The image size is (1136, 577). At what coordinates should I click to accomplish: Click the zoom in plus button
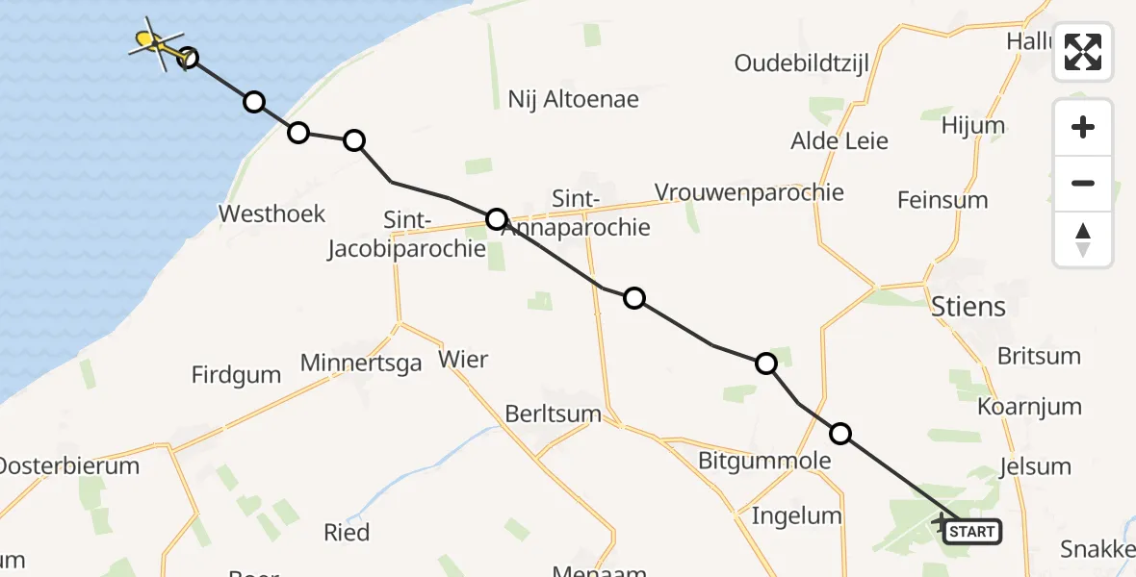(x=1083, y=128)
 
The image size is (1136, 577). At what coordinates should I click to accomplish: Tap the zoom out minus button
(x=1083, y=183)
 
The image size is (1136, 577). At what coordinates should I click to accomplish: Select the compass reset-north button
(x=1083, y=239)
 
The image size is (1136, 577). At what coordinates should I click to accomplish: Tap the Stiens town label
(x=968, y=307)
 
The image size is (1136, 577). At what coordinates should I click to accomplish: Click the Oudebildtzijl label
(x=802, y=63)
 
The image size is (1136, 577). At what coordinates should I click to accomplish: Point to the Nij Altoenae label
(x=573, y=99)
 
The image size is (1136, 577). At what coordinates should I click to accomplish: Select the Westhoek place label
(x=272, y=213)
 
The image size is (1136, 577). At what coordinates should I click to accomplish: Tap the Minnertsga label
(x=361, y=363)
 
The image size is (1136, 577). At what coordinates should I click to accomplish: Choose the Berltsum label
(x=553, y=414)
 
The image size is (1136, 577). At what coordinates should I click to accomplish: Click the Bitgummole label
(x=765, y=461)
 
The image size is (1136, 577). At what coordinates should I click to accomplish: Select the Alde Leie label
(x=839, y=141)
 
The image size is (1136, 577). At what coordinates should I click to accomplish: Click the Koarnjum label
(x=1030, y=406)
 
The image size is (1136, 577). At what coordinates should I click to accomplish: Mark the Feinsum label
(x=942, y=200)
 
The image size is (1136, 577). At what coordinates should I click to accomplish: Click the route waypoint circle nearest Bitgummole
(x=840, y=434)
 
